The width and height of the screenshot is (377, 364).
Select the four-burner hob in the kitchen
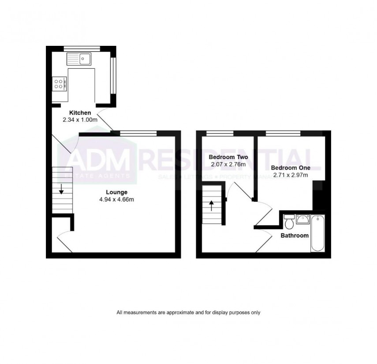coord(60,83)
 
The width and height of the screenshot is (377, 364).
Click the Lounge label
coord(116,192)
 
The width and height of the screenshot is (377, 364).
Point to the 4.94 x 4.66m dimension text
coord(116,199)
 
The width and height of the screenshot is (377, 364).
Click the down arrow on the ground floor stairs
coord(61,190)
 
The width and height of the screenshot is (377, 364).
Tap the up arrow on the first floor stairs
coord(211,205)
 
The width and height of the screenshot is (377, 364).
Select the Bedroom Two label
coord(228,157)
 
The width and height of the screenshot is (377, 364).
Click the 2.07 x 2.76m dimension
coord(228,164)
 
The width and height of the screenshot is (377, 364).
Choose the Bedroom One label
coord(290,168)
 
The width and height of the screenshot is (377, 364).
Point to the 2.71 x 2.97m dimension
coord(290,175)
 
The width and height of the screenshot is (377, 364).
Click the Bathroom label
coord(295,236)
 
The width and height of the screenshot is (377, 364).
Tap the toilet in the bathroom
coord(289,223)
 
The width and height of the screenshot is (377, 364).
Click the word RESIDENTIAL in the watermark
coord(225,160)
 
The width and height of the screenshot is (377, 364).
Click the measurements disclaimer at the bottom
coord(188,312)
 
